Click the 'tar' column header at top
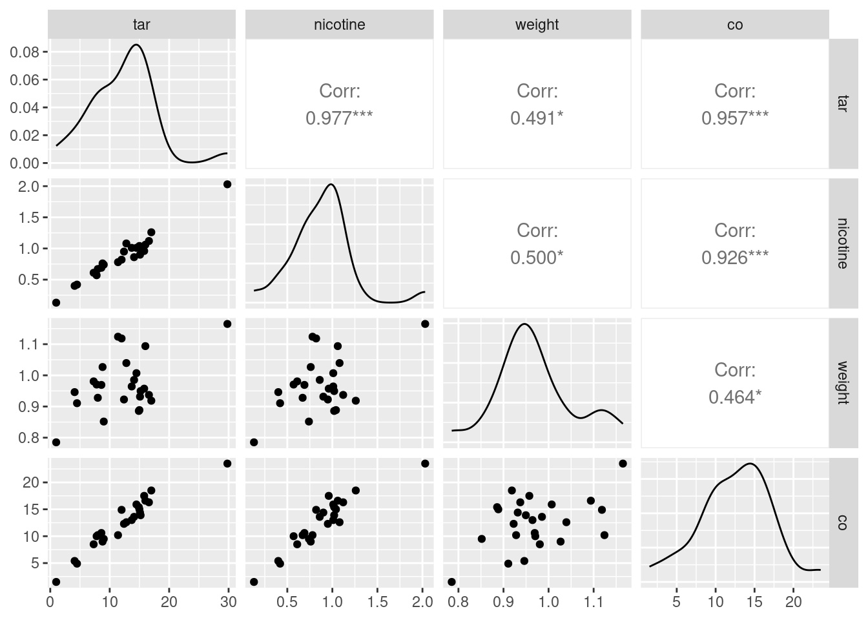(x=141, y=25)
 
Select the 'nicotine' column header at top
(x=339, y=25)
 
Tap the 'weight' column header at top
(x=537, y=25)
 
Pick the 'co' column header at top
(x=734, y=25)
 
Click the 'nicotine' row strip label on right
(x=842, y=243)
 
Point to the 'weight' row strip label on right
(x=842, y=382)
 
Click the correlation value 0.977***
(x=339, y=118)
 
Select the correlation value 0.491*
(x=537, y=118)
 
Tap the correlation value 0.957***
(x=734, y=118)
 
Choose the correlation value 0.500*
(x=537, y=258)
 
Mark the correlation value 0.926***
(x=734, y=258)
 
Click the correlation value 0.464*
(x=734, y=397)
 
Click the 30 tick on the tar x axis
(x=228, y=602)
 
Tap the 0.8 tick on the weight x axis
(x=458, y=602)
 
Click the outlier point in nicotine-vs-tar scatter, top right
(x=227, y=184)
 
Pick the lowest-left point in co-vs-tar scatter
(x=56, y=582)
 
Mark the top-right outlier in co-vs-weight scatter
(x=623, y=463)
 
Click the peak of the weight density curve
(x=524, y=324)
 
